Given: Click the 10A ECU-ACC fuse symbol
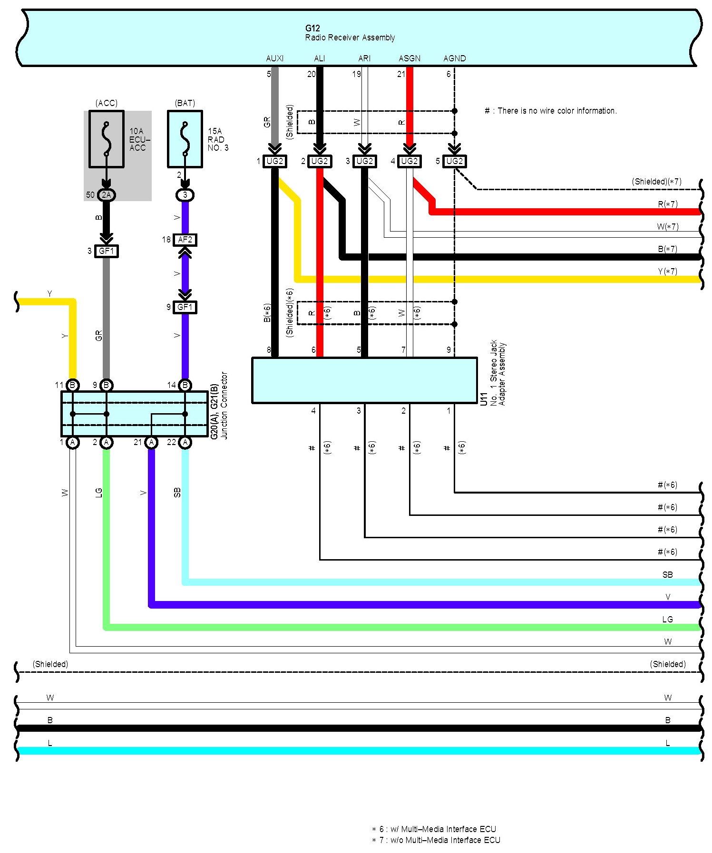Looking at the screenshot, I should (x=107, y=139).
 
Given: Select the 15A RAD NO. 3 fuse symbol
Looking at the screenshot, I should (x=185, y=139).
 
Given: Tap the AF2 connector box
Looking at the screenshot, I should (x=185, y=240).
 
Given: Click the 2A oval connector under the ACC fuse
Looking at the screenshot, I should (x=106, y=195).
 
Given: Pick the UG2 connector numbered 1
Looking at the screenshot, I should (x=274, y=162).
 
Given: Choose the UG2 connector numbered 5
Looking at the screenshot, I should (x=454, y=162).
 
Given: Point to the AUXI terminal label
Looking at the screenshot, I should (x=274, y=58).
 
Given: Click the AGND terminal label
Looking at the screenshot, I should (x=454, y=58).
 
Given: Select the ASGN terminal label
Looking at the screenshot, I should (x=409, y=58).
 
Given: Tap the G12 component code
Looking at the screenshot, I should (x=312, y=29).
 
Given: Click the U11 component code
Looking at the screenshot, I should (x=484, y=398).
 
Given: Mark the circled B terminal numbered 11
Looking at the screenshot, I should (x=72, y=385).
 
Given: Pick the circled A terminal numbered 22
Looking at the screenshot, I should (x=185, y=443).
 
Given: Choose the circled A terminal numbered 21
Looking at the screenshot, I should (x=151, y=443).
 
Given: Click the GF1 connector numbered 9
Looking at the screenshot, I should (x=185, y=308).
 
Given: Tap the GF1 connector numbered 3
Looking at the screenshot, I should (x=107, y=251).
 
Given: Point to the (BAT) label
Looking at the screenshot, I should (x=185, y=103).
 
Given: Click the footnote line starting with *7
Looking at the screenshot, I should (x=436, y=840).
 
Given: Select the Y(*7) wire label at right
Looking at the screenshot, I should (x=667, y=271).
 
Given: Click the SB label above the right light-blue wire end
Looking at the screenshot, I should (x=667, y=575).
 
